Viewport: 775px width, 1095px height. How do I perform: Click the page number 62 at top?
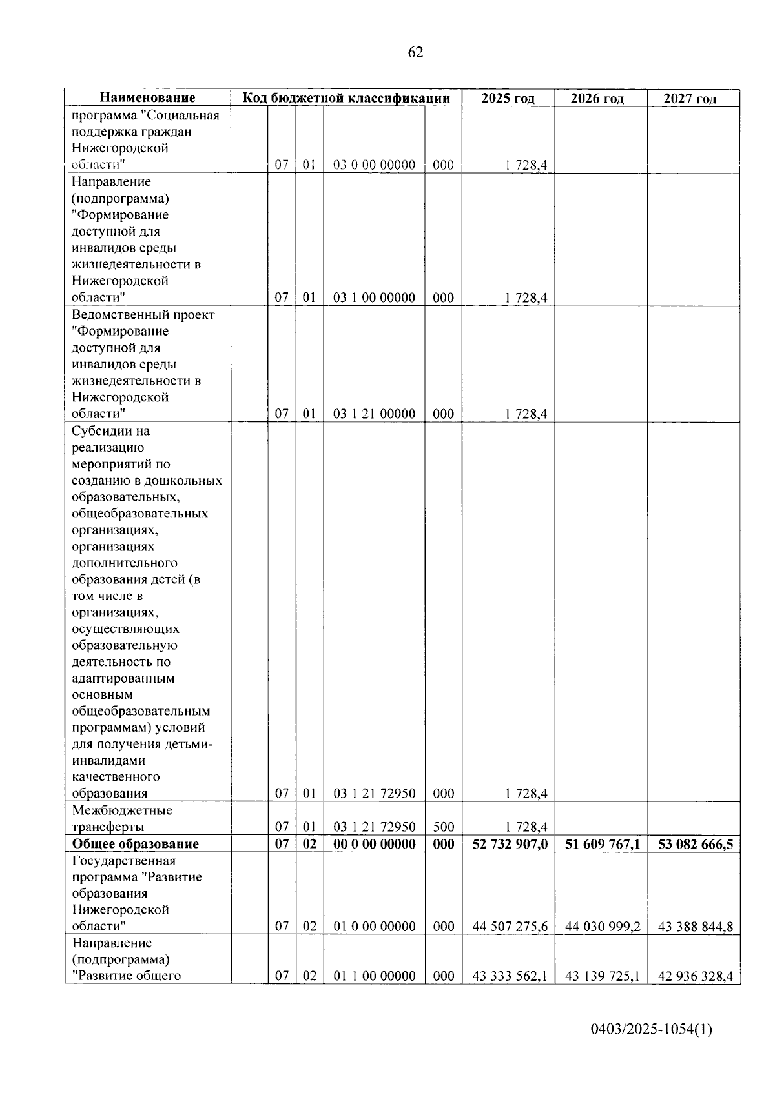point(416,53)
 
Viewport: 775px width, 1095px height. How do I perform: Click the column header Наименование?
point(147,98)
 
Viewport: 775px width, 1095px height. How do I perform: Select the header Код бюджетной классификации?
point(346,98)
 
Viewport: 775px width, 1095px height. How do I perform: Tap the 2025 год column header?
point(508,98)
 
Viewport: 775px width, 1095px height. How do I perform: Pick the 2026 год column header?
point(597,99)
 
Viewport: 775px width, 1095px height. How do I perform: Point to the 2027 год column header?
point(690,99)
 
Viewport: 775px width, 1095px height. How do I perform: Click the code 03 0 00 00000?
point(374,165)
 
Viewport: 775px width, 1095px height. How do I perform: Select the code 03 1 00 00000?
point(374,298)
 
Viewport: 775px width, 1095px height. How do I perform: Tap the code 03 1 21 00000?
point(374,414)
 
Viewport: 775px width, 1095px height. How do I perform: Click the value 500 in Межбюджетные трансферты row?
point(443,827)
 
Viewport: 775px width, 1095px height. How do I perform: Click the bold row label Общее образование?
point(135,844)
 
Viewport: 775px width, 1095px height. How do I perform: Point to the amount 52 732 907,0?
point(510,844)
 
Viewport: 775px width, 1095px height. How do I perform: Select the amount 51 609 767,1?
point(603,844)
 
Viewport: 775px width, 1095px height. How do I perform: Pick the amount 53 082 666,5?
point(695,844)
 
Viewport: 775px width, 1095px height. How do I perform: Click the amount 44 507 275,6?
point(510,927)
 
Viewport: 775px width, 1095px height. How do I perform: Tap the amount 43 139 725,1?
point(603,976)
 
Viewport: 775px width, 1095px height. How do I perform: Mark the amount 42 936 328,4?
point(695,976)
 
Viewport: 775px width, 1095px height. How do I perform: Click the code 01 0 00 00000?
point(374,927)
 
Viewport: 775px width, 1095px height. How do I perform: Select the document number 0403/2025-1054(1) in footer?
point(651,1029)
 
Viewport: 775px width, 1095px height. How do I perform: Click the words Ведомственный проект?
point(143,315)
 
